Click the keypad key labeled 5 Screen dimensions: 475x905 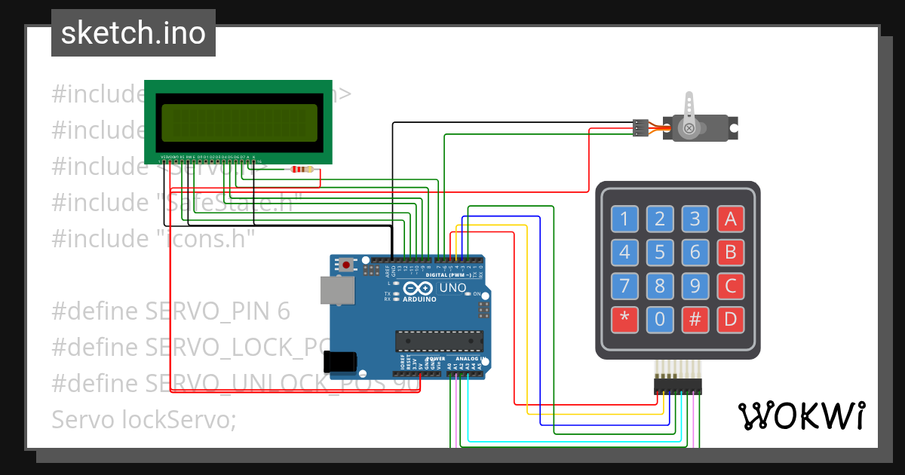click(x=660, y=253)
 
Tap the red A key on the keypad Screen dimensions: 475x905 click(x=730, y=219)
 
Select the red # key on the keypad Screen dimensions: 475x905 click(x=695, y=320)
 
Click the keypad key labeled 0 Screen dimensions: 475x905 click(x=660, y=320)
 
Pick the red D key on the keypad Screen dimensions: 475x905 click(x=730, y=320)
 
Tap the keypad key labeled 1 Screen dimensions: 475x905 click(x=624, y=219)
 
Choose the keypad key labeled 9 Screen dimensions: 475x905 click(x=695, y=287)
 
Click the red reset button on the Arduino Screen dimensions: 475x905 click(x=346, y=265)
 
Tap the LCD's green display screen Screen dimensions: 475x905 click(x=238, y=122)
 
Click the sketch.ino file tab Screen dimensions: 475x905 click(x=133, y=33)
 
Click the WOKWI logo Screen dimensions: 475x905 click(x=801, y=415)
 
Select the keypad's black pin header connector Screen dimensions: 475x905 click(x=677, y=387)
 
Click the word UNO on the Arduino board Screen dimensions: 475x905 click(x=453, y=288)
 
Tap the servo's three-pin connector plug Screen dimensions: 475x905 click(x=640, y=128)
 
